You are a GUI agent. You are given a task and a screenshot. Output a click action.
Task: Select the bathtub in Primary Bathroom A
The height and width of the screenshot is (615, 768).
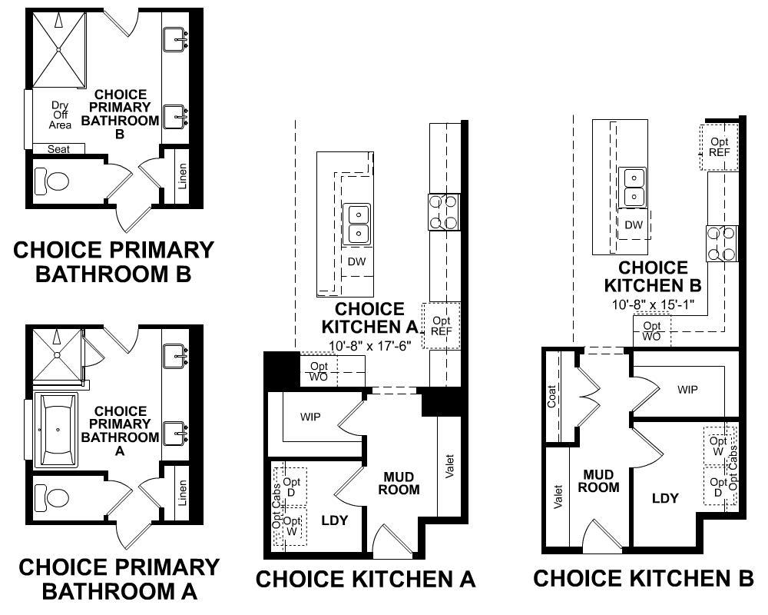[x=55, y=431]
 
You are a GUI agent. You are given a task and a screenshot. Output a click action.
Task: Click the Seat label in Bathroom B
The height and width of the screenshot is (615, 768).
[x=58, y=149]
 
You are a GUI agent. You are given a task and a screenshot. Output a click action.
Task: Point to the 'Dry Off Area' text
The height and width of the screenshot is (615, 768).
[x=61, y=115]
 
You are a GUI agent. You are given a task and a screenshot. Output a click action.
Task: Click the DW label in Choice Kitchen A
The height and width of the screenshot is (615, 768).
[x=357, y=261]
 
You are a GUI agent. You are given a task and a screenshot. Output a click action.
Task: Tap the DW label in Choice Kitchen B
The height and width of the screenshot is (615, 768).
[x=634, y=225]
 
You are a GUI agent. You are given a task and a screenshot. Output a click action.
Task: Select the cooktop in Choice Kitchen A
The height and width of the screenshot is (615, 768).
[x=444, y=212]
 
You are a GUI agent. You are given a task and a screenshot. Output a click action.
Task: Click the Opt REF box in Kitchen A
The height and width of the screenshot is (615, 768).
[x=442, y=325]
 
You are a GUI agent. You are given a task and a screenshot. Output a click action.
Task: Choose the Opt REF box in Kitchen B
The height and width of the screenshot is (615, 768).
[x=720, y=147]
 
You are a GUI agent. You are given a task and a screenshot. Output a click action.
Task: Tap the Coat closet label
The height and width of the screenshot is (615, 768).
[x=552, y=397]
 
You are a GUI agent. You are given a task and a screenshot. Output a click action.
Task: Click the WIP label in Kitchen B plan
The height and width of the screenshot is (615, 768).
[x=687, y=390]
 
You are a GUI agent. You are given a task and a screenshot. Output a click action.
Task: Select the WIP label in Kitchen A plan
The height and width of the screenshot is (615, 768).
[x=310, y=417]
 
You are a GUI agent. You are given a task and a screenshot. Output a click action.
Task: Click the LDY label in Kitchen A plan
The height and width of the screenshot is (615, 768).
[x=334, y=520]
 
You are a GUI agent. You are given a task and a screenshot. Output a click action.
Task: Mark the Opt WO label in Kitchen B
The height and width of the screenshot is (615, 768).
[x=651, y=331]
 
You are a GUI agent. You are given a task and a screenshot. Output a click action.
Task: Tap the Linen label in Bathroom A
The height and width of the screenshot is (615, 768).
[x=182, y=493]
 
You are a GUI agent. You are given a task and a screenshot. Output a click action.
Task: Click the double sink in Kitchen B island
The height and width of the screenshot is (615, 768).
[x=634, y=187]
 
